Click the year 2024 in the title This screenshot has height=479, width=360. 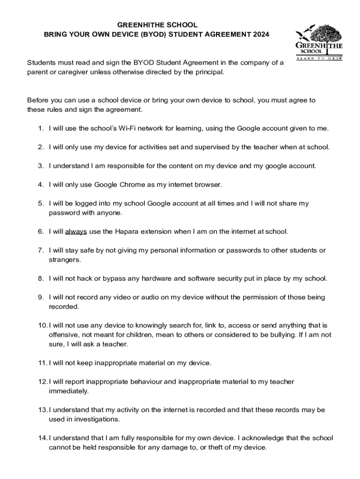(260, 34)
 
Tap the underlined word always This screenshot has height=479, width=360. (76, 232)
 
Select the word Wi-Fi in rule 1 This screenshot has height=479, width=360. (122, 128)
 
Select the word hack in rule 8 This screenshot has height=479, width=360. (88, 279)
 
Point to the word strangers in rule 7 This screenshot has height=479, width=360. (65, 260)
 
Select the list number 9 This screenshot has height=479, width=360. (41, 298)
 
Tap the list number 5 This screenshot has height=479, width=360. (41, 203)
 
